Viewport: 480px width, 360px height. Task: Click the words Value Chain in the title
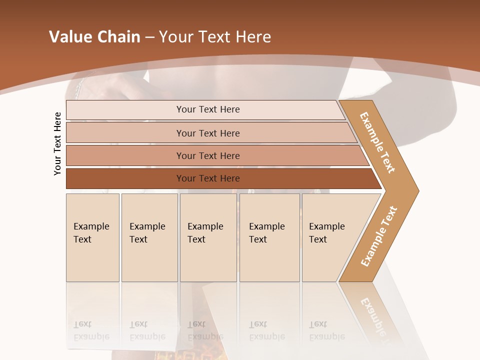tap(94, 37)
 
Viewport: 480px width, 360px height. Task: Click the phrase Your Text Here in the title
tap(215, 37)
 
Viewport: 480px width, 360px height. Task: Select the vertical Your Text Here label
tap(57, 143)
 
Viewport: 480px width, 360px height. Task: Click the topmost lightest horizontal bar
tap(207, 109)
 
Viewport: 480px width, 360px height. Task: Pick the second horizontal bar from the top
tap(207, 133)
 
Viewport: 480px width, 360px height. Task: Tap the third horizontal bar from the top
tap(207, 155)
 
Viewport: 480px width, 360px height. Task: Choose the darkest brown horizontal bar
tap(207, 178)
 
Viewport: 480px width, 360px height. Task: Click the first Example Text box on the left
tap(92, 237)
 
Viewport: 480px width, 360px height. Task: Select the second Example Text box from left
tap(149, 237)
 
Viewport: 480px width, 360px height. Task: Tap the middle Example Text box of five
tap(208, 237)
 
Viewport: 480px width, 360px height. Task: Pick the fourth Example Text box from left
tap(269, 237)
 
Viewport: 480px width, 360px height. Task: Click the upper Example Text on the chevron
tap(377, 142)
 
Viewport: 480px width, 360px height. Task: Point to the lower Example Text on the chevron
tap(379, 236)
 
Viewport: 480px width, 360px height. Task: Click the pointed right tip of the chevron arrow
tap(416, 190)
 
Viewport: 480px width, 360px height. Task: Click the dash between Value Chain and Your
tap(149, 37)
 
